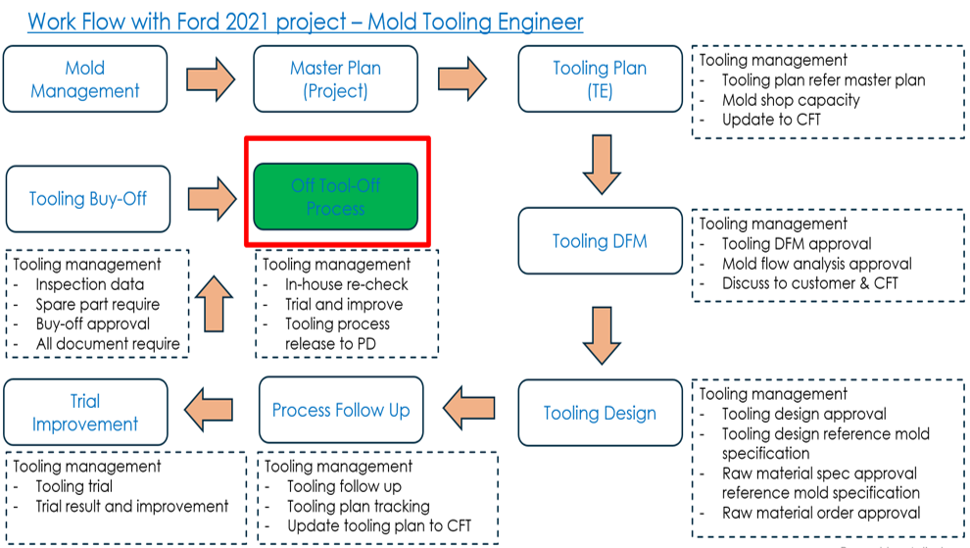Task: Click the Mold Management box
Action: [x=85, y=79]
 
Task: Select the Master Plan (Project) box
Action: [x=335, y=79]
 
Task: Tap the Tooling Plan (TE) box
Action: [x=600, y=79]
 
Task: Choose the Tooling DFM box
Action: [x=600, y=240]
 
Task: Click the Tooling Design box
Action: [x=600, y=413]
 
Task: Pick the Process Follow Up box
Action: [x=341, y=410]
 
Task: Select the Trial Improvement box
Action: [x=84, y=413]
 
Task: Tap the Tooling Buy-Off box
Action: [x=87, y=198]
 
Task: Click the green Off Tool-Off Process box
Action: [x=335, y=196]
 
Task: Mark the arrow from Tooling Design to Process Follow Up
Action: [x=469, y=403]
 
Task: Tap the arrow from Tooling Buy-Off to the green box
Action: [x=211, y=197]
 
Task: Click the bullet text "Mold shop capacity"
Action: [x=791, y=100]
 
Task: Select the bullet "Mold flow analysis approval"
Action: [x=816, y=264]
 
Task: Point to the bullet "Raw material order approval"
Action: [x=821, y=513]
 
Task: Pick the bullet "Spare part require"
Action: [x=97, y=304]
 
